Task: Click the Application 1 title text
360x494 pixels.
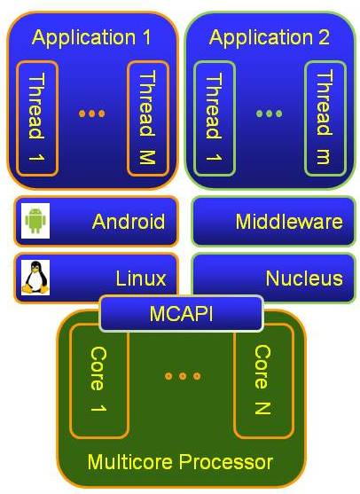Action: (91, 37)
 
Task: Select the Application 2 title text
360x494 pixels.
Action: (270, 37)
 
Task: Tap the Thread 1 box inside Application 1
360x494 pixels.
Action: (37, 118)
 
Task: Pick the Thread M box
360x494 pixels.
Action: (148, 118)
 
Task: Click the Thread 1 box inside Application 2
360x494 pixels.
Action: (215, 118)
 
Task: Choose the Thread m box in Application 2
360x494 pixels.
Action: (325, 118)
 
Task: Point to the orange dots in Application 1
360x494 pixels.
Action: (91, 114)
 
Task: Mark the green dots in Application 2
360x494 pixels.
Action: (269, 114)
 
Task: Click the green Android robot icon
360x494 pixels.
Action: (35, 221)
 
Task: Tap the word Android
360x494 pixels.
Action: (129, 222)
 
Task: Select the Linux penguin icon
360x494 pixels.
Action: (35, 278)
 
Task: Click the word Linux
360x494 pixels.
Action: (141, 278)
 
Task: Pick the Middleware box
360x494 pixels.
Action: (273, 221)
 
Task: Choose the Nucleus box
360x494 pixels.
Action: (273, 278)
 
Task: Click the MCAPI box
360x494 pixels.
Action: (182, 313)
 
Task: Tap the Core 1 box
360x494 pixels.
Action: (99, 381)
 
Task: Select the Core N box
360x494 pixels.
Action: (264, 381)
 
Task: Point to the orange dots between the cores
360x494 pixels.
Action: (183, 376)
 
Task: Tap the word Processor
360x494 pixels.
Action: (226, 462)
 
